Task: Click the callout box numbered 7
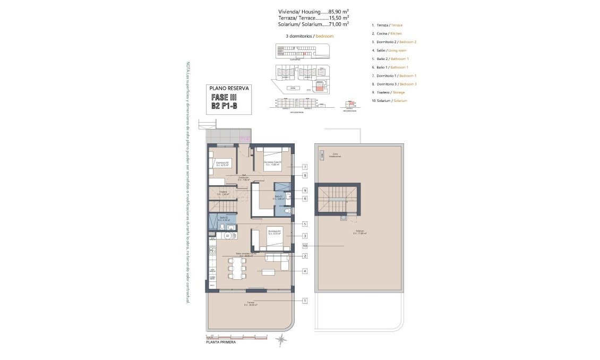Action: point(305,167)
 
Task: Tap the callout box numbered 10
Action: point(305,246)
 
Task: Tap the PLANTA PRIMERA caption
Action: point(221,342)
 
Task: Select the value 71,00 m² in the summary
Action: point(339,24)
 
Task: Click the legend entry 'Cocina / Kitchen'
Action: point(387,33)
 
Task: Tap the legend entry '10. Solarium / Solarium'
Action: point(390,100)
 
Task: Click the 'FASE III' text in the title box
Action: point(224,98)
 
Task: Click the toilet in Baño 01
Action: point(287,212)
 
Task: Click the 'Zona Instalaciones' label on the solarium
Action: point(334,156)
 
